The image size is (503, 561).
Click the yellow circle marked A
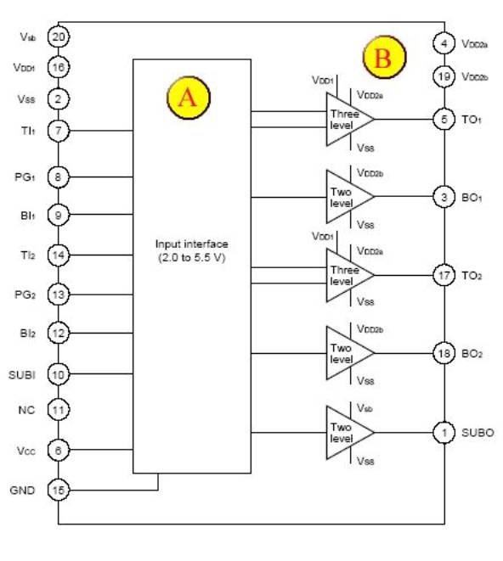189,98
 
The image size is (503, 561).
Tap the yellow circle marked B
384,57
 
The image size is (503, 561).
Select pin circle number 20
59,36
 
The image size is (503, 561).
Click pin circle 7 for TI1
59,131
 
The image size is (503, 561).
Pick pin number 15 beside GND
59,490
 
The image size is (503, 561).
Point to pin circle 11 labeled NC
59,410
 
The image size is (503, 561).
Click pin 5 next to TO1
444,119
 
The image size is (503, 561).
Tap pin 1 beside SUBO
444,433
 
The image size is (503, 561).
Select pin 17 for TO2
444,276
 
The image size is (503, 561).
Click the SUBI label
22,375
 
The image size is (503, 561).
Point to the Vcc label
26,451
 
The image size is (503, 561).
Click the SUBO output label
478,433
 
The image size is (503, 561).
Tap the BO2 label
472,354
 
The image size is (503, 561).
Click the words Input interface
192,244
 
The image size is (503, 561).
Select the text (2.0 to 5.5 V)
192,258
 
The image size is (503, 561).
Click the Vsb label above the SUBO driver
365,408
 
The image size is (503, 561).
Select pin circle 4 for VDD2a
444,43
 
